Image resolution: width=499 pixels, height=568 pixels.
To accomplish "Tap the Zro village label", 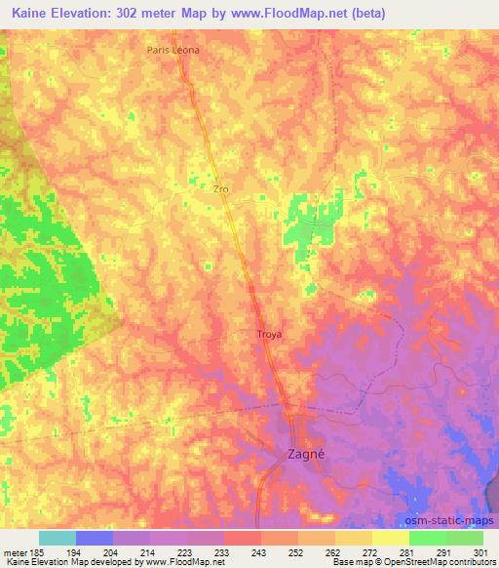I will pos(220,190).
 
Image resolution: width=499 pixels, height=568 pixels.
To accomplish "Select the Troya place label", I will pos(270,334).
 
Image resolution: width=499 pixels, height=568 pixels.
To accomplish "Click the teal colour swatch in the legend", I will pos(58,538).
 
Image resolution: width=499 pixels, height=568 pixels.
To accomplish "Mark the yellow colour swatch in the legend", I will pos(391,538).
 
